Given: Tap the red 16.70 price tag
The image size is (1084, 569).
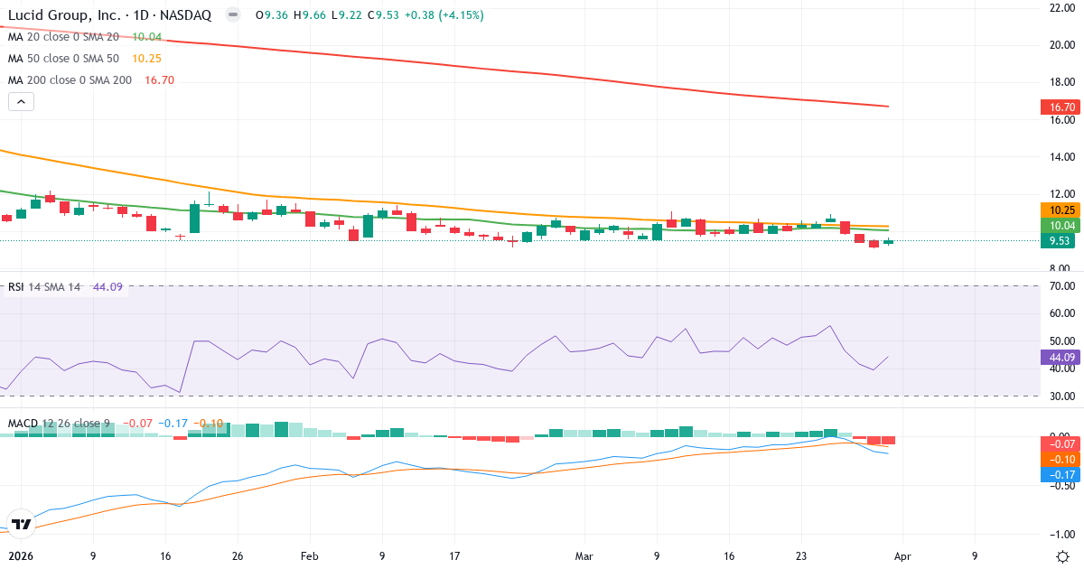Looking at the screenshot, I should click(x=1061, y=107).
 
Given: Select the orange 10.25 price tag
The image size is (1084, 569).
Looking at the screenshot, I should click(x=1061, y=210).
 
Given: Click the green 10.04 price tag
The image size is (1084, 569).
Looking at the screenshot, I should click(x=1061, y=226).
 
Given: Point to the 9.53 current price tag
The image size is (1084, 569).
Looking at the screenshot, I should click(x=1061, y=241).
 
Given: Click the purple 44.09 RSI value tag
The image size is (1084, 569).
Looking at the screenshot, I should click(x=1061, y=357).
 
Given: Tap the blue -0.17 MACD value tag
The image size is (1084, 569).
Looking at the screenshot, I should click(x=1061, y=473).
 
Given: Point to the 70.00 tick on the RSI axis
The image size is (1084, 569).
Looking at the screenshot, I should click(x=1061, y=286).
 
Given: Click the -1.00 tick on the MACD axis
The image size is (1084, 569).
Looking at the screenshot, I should click(x=1061, y=534).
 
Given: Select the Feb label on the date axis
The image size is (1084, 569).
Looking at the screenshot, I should click(x=309, y=556).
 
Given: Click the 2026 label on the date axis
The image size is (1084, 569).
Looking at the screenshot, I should click(x=19, y=556).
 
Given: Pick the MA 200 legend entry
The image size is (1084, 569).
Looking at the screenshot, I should click(x=70, y=80).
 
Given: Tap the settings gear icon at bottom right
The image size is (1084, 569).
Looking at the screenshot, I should click(x=1062, y=555).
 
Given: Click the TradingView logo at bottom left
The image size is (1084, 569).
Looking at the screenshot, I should click(x=22, y=524).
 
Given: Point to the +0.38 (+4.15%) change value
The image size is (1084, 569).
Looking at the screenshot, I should click(x=444, y=15).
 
